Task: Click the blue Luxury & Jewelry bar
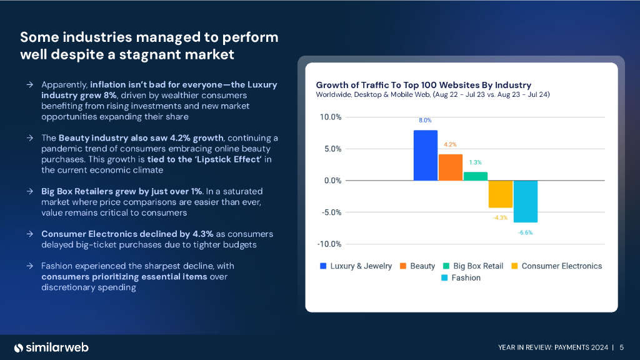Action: point(426,155)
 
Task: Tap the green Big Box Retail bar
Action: point(476,176)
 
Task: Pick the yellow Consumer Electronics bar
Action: point(501,194)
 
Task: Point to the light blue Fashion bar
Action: point(526,201)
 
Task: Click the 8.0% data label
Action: point(425,120)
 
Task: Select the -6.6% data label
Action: point(526,232)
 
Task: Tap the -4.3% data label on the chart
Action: point(500,217)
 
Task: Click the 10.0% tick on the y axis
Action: point(330,117)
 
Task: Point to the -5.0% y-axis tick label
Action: point(330,212)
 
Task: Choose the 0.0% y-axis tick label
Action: point(331,181)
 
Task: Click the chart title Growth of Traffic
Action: point(423,84)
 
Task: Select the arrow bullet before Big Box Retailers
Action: point(30,191)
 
